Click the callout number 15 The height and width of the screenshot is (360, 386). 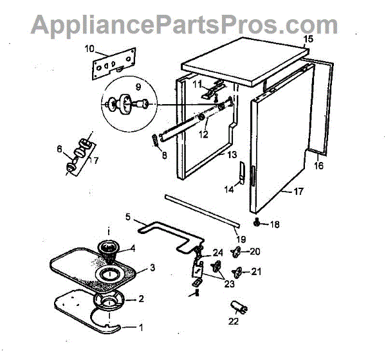[308, 40]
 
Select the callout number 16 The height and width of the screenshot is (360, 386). [318, 166]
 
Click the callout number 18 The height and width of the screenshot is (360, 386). [275, 224]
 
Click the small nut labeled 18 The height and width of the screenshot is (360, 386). [257, 223]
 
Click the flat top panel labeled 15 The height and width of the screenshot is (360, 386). [244, 61]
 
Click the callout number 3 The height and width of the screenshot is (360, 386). [152, 267]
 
